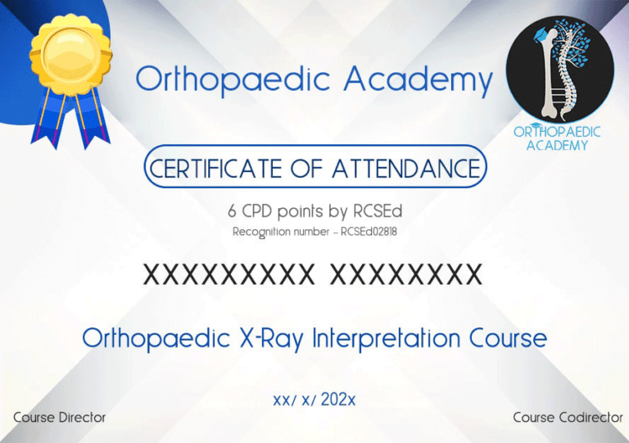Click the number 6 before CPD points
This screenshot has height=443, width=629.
coord(233,211)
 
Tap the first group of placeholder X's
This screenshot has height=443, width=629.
coord(229,275)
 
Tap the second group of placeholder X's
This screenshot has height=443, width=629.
coord(405,275)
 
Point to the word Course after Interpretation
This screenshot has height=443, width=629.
coord(508,337)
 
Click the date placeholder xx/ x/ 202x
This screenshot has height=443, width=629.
coord(314,400)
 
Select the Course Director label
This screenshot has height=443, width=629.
coord(60,418)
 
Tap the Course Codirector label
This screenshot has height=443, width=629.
coord(568,418)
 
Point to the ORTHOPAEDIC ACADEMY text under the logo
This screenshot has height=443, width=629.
coord(557,138)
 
